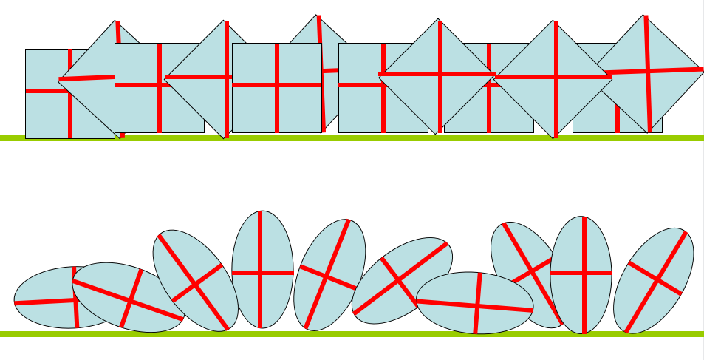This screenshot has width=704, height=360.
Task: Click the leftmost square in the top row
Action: [44, 111]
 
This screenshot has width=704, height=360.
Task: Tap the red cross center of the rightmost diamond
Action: [649, 71]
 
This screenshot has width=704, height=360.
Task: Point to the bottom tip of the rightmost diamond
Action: [649, 133]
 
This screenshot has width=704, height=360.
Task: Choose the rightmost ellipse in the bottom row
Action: [654, 281]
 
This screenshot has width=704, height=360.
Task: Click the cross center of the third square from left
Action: [277, 86]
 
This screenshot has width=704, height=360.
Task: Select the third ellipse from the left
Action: [195, 281]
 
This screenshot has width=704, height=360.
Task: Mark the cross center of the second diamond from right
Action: [555, 76]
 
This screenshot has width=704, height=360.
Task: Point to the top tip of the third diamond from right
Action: [439, 19]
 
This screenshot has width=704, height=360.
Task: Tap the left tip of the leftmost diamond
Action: [59, 79]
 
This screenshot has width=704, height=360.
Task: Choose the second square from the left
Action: [140, 111]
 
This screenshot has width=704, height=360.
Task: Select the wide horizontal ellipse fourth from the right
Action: [474, 303]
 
